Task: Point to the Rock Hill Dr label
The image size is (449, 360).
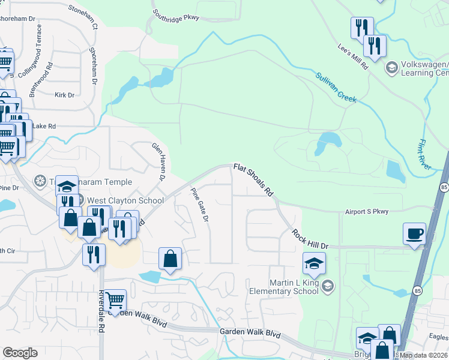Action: pyautogui.click(x=310, y=239)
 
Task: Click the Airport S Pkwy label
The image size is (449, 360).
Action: pyautogui.click(x=367, y=211)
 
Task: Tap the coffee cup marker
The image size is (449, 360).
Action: pyautogui.click(x=415, y=234)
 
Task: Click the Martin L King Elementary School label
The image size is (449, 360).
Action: pyautogui.click(x=284, y=287)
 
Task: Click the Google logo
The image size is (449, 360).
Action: pyautogui.click(x=20, y=353)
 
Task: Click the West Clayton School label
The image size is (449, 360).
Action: pyautogui.click(x=125, y=200)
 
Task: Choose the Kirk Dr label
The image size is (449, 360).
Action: pyautogui.click(x=64, y=95)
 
